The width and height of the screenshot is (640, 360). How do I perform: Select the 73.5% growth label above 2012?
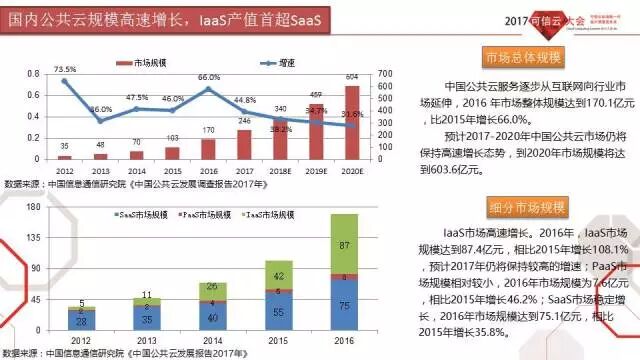(65, 70)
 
